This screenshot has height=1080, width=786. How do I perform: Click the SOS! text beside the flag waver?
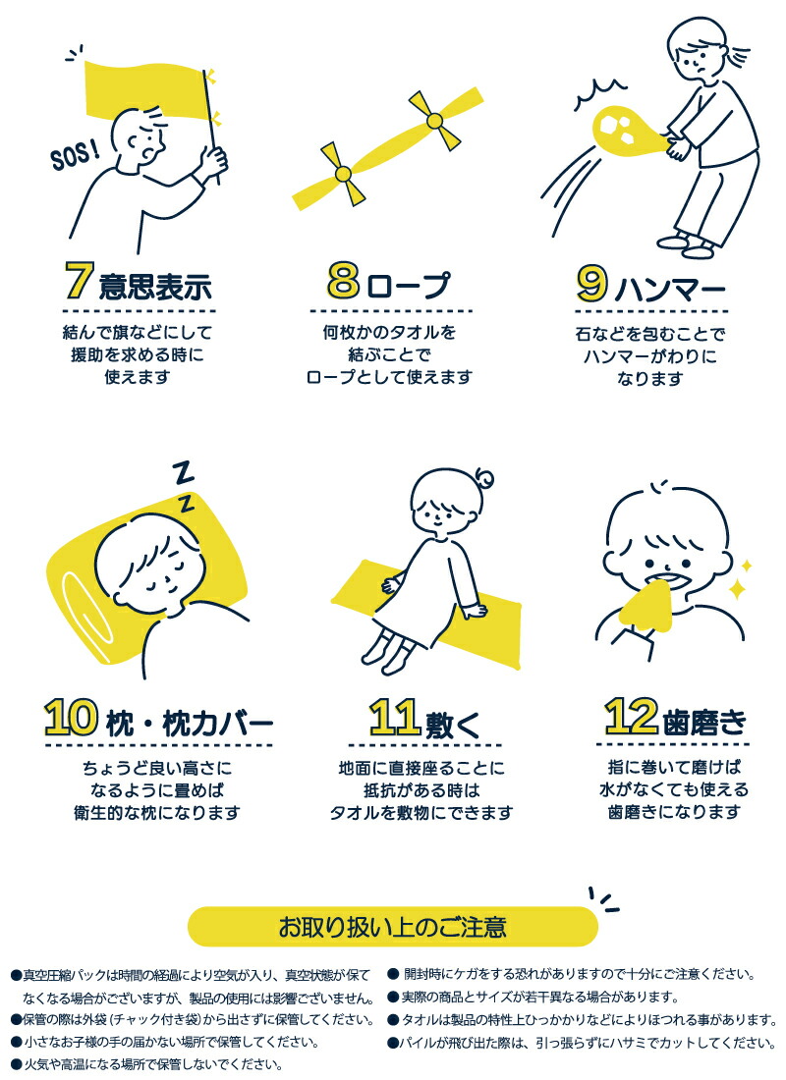(x=74, y=154)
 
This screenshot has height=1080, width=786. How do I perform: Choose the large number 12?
(x=629, y=718)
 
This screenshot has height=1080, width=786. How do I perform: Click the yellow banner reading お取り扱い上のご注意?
(x=392, y=926)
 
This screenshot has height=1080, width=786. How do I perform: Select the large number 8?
(x=345, y=283)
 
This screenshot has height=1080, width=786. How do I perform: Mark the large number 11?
(x=396, y=719)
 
